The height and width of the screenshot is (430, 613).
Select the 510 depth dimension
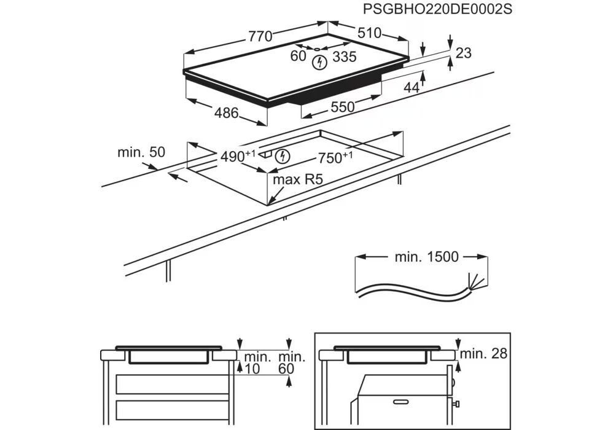click(x=370, y=33)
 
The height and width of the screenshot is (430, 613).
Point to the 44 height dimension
click(x=412, y=88)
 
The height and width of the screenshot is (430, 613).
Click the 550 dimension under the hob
click(x=343, y=107)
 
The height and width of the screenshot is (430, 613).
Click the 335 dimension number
click(x=345, y=57)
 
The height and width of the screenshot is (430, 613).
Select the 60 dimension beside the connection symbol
click(x=298, y=56)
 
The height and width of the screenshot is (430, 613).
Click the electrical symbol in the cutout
click(x=283, y=156)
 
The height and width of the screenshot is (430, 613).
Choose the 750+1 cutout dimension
click(x=335, y=157)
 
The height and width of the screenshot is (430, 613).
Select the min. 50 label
click(x=141, y=152)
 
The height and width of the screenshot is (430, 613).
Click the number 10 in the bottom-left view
click(x=251, y=369)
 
